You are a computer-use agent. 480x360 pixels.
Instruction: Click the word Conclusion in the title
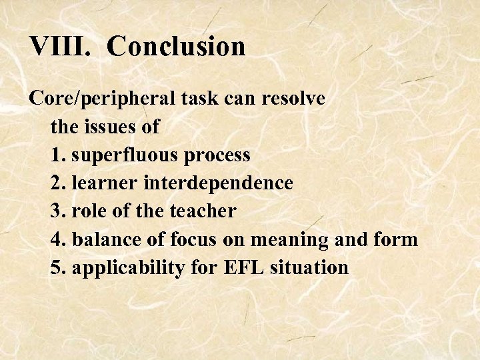pyautogui.click(x=176, y=47)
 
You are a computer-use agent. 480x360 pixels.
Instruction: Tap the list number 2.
pyautogui.click(x=57, y=183)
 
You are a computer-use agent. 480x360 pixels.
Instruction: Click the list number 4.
pyautogui.click(x=57, y=239)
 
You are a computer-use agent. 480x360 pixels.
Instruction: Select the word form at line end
pyautogui.click(x=401, y=239)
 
